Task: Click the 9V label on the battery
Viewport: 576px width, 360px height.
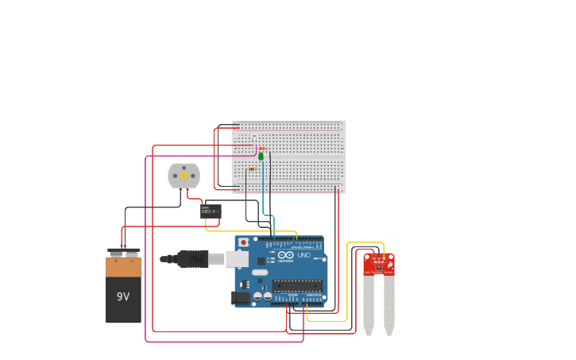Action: pyautogui.click(x=123, y=297)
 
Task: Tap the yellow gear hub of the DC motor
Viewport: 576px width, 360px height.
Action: pyautogui.click(x=184, y=176)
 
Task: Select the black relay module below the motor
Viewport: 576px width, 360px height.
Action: pyautogui.click(x=211, y=211)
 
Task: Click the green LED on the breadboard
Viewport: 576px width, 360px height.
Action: pyautogui.click(x=261, y=156)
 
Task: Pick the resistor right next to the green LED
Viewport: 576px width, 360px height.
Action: pyautogui.click(x=264, y=149)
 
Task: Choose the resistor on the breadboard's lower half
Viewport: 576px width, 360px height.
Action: pyautogui.click(x=252, y=169)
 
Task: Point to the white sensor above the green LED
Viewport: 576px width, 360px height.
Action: pyautogui.click(x=254, y=137)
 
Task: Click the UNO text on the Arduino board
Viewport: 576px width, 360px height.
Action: pyautogui.click(x=303, y=255)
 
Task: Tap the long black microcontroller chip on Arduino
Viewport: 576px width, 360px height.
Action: pyautogui.click(x=297, y=285)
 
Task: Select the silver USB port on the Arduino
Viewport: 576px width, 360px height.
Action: pyautogui.click(x=236, y=258)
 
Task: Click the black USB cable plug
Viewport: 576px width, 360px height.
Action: pyautogui.click(x=191, y=258)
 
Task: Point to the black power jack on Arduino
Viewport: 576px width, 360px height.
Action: pyautogui.click(x=239, y=298)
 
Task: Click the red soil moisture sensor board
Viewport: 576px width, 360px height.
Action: pyautogui.click(x=379, y=264)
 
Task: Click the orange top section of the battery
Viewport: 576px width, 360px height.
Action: pyautogui.click(x=123, y=267)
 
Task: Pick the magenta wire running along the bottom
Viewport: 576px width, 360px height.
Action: pyautogui.click(x=222, y=342)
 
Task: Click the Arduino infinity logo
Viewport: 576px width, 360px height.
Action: pyautogui.click(x=286, y=255)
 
